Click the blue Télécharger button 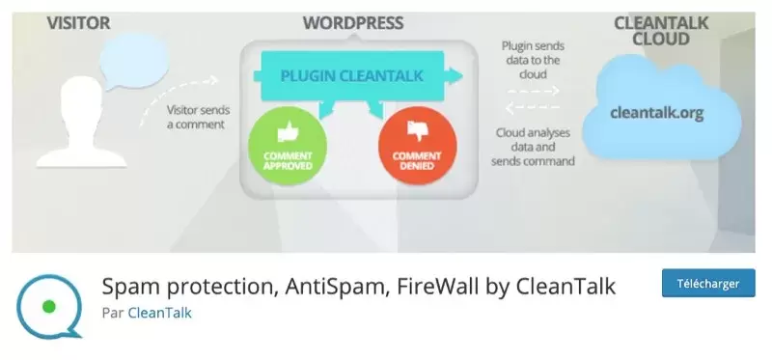coord(707,284)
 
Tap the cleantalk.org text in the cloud coord(656,113)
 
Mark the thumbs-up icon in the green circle coord(287,132)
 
